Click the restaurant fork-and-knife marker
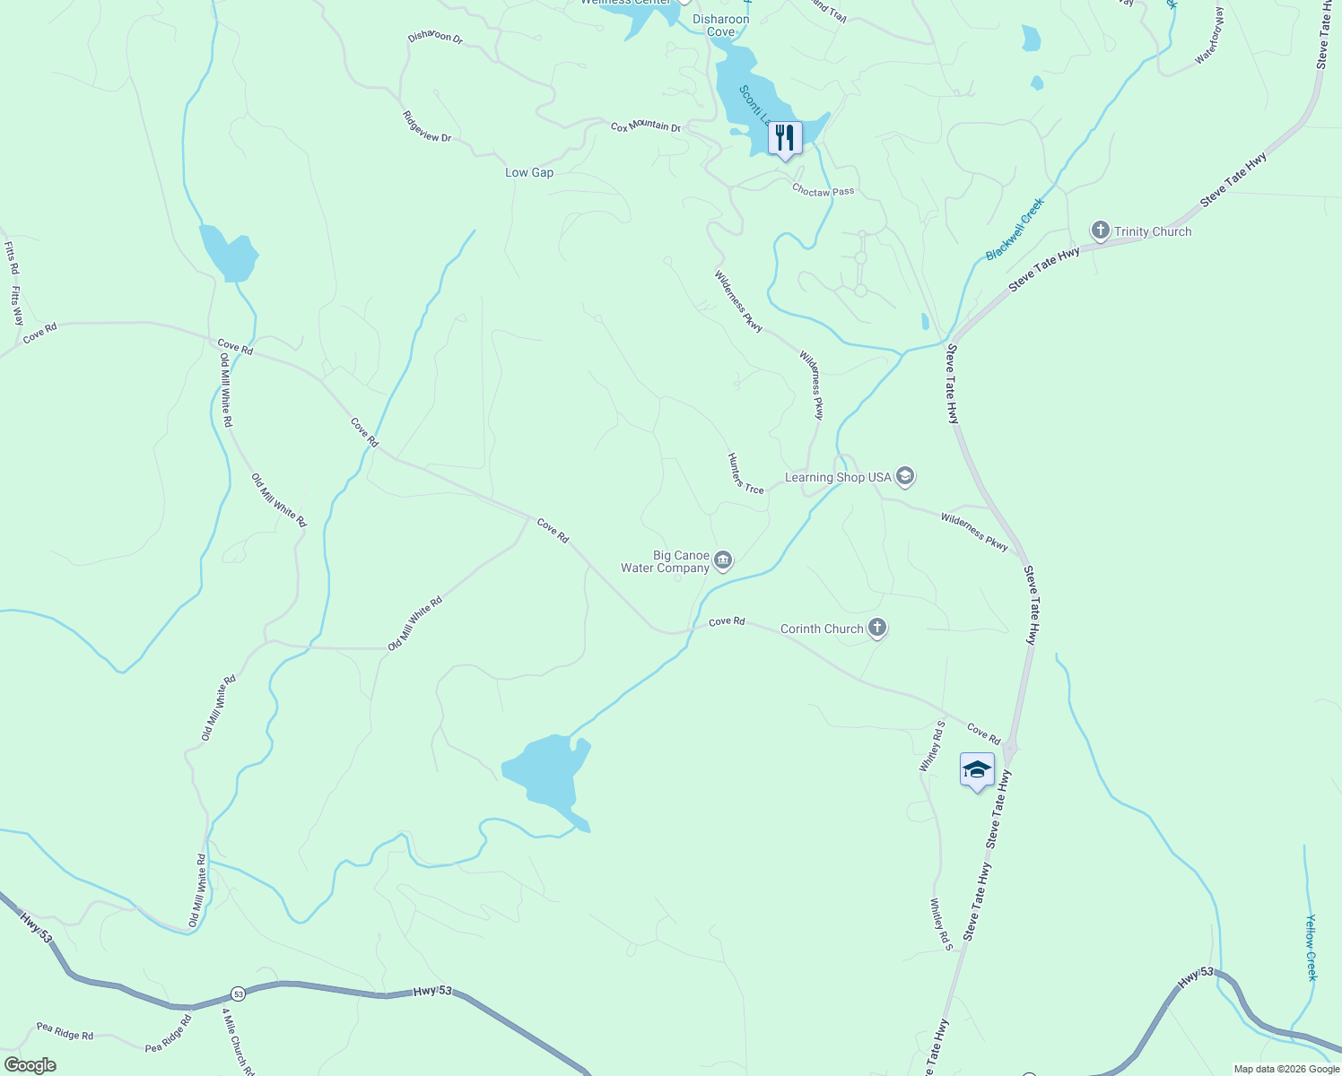[x=785, y=138]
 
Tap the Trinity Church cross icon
[x=1101, y=231]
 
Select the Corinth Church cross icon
[x=877, y=629]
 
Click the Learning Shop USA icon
[x=905, y=477]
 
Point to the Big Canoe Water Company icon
[x=723, y=561]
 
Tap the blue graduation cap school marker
[x=977, y=770]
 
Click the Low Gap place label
[x=529, y=172]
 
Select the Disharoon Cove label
[x=721, y=25]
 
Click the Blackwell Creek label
[x=1015, y=230]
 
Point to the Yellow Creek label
[x=1311, y=947]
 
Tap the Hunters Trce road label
[x=745, y=473]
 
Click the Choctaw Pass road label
[x=823, y=191]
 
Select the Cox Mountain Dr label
[x=646, y=126]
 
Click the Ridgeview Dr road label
[x=427, y=126]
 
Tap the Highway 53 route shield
[x=238, y=994]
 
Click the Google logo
[x=30, y=1065]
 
